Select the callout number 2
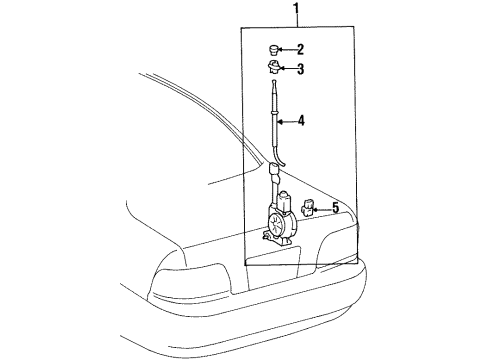click(300, 49)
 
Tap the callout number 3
click(300, 69)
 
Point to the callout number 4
click(300, 123)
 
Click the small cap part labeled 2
click(274, 48)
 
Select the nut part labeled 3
click(274, 68)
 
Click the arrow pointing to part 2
click(288, 49)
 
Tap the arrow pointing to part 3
click(288, 69)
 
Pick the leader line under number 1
click(295, 23)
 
